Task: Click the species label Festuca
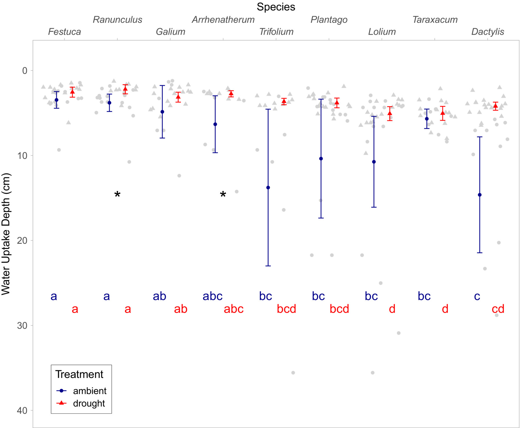coord(64,32)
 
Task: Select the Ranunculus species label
coord(118,20)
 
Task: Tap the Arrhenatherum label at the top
coord(223,20)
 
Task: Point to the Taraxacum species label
coord(435,20)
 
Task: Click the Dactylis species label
coord(488,32)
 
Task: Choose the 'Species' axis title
coord(276,7)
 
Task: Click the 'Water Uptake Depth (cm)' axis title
coord(6,234)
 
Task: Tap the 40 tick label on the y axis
coord(22,411)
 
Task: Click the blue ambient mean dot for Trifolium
coord(268,188)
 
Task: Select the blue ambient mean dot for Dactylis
coord(480,195)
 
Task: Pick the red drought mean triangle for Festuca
coord(73,92)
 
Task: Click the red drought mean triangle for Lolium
coord(390,113)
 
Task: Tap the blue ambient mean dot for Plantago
coord(321,159)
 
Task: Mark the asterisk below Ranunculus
coord(117,195)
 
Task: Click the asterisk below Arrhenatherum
coord(223,195)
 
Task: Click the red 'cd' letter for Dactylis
coord(498,309)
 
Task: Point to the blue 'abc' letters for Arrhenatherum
coord(212,296)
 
